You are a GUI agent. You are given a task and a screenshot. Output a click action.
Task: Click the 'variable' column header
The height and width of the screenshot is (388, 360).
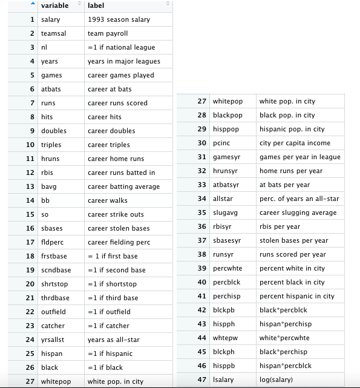pos(54,5)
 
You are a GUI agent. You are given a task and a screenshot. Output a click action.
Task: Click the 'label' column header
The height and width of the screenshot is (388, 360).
pos(96,5)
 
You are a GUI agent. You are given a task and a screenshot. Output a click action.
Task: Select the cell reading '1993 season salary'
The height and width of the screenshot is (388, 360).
pos(119,19)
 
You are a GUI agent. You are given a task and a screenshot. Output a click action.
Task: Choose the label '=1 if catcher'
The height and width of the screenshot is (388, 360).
pos(110,326)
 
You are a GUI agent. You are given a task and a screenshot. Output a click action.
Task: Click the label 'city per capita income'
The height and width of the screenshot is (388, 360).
pos(295,143)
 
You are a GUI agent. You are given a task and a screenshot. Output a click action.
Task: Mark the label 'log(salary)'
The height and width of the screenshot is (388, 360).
pos(277,380)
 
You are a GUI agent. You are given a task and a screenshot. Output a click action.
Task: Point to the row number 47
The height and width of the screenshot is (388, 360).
pos(202,380)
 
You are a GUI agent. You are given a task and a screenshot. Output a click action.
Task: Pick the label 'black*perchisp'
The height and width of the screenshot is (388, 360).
pos(283,352)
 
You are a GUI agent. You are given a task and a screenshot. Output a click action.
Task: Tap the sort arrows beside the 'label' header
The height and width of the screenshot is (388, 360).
pos(168,5)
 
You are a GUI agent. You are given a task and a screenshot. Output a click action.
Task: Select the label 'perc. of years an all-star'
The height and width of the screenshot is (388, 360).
pos(299,199)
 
